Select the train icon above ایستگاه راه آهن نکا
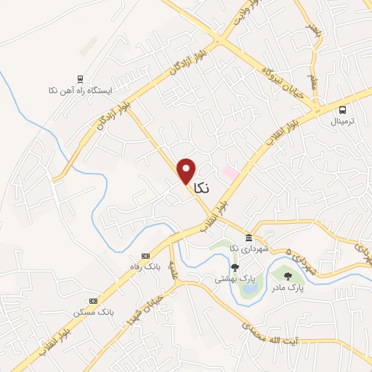click(79, 79)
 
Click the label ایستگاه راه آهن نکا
click(79, 92)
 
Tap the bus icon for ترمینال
click(342, 110)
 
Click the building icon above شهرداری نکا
click(248, 239)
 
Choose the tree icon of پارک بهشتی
click(234, 267)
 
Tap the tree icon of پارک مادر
click(288, 276)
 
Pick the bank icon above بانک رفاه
click(145, 256)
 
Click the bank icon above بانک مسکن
click(93, 301)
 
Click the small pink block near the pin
click(230, 173)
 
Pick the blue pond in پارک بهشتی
click(249, 288)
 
